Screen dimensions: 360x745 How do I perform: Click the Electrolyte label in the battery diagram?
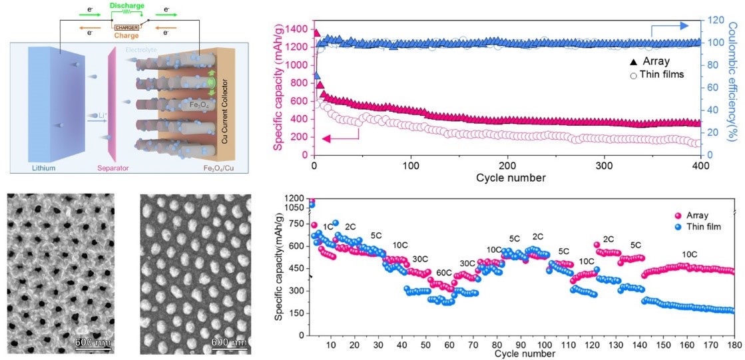pyautogui.click(x=142, y=50)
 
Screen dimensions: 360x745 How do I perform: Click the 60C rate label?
pyautogui.click(x=444, y=273)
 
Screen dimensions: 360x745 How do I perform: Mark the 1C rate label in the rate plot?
pyautogui.click(x=328, y=227)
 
